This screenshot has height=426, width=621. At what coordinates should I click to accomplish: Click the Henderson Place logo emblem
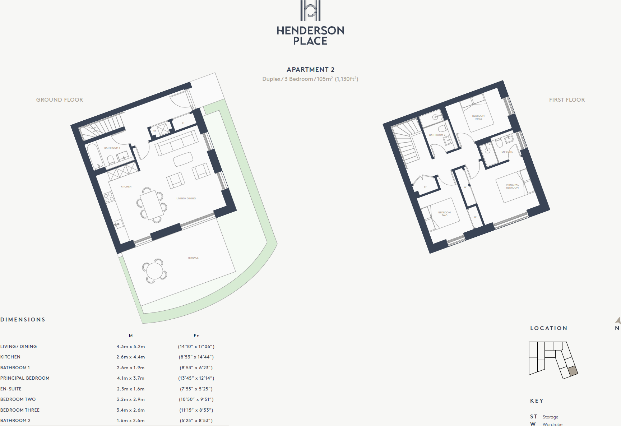[x=310, y=11]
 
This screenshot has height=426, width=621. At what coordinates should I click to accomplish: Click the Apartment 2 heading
[x=310, y=70]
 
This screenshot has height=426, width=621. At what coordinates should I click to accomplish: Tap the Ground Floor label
[x=60, y=100]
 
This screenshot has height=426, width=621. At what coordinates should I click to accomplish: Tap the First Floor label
[x=567, y=100]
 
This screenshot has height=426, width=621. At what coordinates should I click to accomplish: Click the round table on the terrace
[x=155, y=271]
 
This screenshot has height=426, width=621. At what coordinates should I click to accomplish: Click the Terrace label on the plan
[x=193, y=258]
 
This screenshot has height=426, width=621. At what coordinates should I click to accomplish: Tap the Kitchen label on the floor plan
[x=126, y=187]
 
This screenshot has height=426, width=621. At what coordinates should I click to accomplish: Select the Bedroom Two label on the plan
[x=444, y=214]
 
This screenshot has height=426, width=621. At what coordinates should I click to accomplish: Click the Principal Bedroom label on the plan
[x=512, y=186]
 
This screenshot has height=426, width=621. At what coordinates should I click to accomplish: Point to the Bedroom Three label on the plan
[x=478, y=117]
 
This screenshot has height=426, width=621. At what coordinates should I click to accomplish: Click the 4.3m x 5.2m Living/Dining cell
[x=131, y=347]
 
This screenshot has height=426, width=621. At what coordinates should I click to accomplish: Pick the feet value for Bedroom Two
[x=196, y=399]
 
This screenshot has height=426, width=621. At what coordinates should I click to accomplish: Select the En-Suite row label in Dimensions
[x=11, y=389]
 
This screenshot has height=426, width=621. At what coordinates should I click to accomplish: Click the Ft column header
[x=196, y=336]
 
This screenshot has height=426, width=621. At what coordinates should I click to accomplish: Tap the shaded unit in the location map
[x=573, y=371]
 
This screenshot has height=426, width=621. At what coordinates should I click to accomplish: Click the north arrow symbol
[x=618, y=320]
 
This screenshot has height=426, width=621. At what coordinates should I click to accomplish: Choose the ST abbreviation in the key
[x=534, y=417]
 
